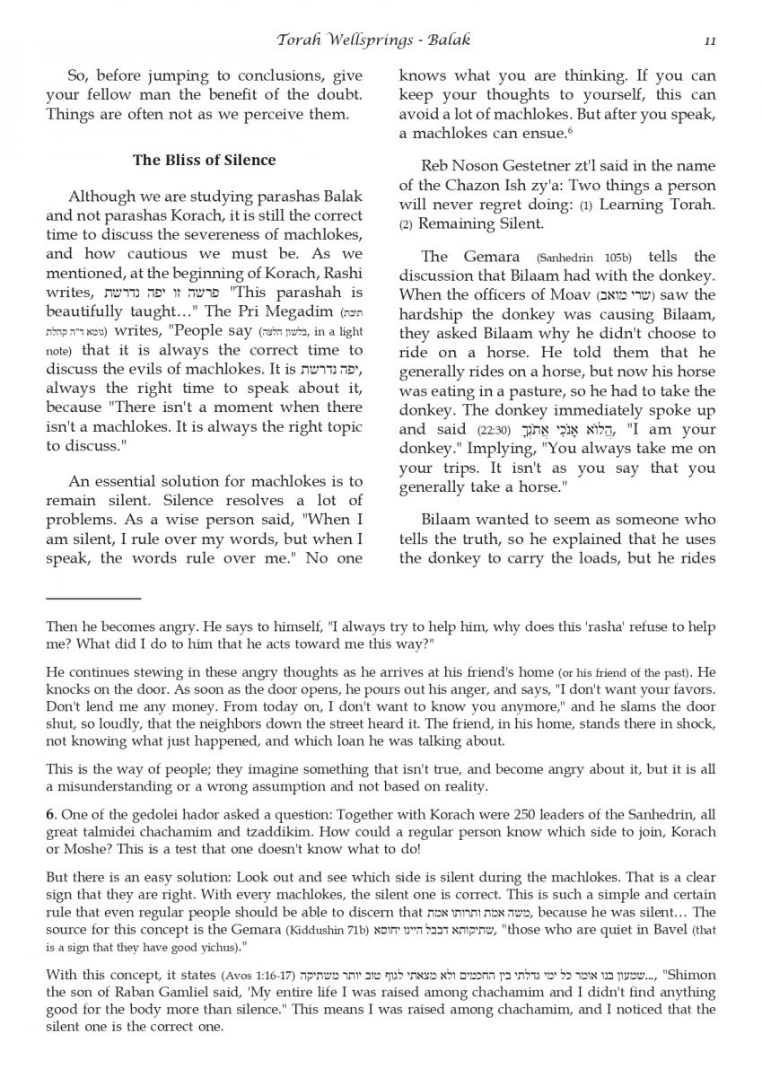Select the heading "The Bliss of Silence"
(205, 161)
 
